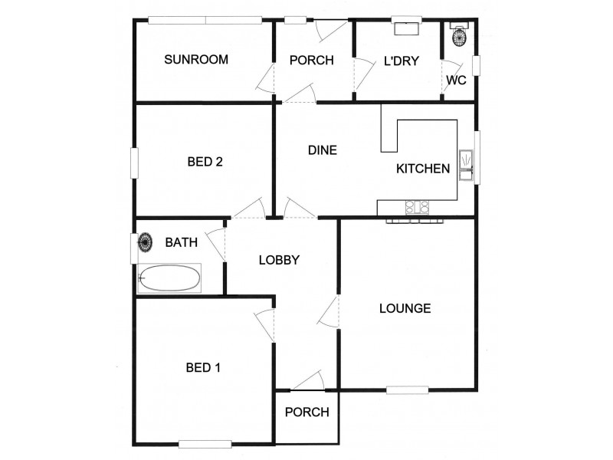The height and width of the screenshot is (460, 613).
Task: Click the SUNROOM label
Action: (196, 60)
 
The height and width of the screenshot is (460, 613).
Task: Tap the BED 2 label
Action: (205, 162)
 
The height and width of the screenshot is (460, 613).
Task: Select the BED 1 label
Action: (203, 367)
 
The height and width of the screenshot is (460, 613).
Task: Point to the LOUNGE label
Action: (405, 308)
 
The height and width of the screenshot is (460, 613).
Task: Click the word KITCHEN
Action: (422, 169)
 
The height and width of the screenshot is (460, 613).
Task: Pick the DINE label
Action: (323, 150)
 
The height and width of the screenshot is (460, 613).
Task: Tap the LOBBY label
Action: (278, 260)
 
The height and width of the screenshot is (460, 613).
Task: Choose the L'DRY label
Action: (401, 61)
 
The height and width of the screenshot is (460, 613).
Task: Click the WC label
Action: (456, 80)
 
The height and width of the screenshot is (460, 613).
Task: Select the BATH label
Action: (182, 243)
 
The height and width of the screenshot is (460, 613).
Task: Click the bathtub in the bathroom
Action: (169, 278)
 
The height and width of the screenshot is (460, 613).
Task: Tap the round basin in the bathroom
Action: (145, 243)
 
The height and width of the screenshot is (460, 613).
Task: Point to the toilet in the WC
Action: (460, 35)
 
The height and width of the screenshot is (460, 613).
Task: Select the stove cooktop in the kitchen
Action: (417, 206)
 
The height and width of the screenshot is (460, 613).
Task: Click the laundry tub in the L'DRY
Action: (405, 28)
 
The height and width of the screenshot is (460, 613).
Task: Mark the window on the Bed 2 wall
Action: (135, 163)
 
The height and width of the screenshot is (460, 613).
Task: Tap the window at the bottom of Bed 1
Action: (205, 443)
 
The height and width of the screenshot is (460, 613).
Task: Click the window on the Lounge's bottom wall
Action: (407, 389)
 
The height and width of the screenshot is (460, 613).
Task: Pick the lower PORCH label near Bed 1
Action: (306, 412)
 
